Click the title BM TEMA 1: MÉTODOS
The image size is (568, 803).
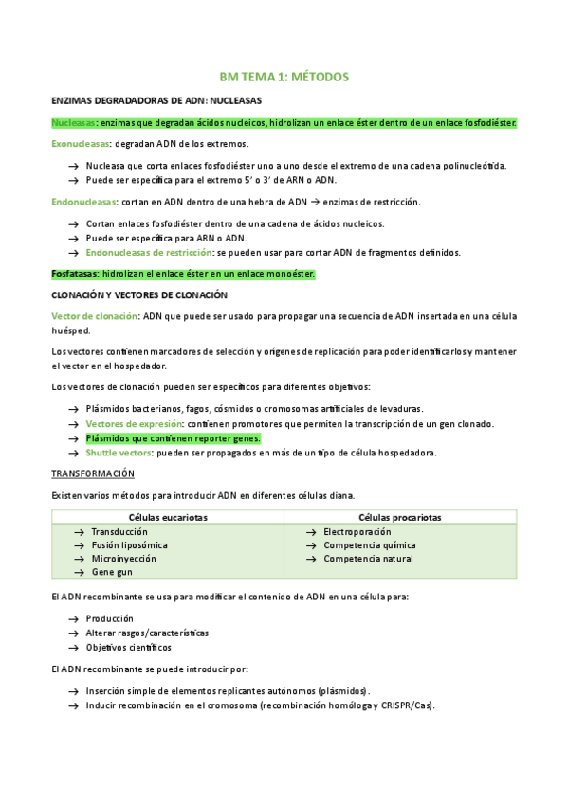[284, 76]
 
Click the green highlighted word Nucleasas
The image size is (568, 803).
[73, 123]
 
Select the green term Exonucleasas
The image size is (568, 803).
[80, 144]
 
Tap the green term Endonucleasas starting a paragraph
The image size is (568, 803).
[82, 202]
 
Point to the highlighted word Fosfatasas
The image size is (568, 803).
[74, 274]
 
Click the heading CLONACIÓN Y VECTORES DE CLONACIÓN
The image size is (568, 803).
[139, 295]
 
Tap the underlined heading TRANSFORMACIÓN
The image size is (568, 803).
[92, 473]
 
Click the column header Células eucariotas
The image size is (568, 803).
[168, 517]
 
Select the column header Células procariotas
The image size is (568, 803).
[400, 517]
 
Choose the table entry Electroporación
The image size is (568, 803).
[362, 532]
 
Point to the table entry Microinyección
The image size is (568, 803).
[124, 559]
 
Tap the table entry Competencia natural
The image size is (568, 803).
[369, 559]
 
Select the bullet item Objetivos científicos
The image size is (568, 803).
[129, 648]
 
